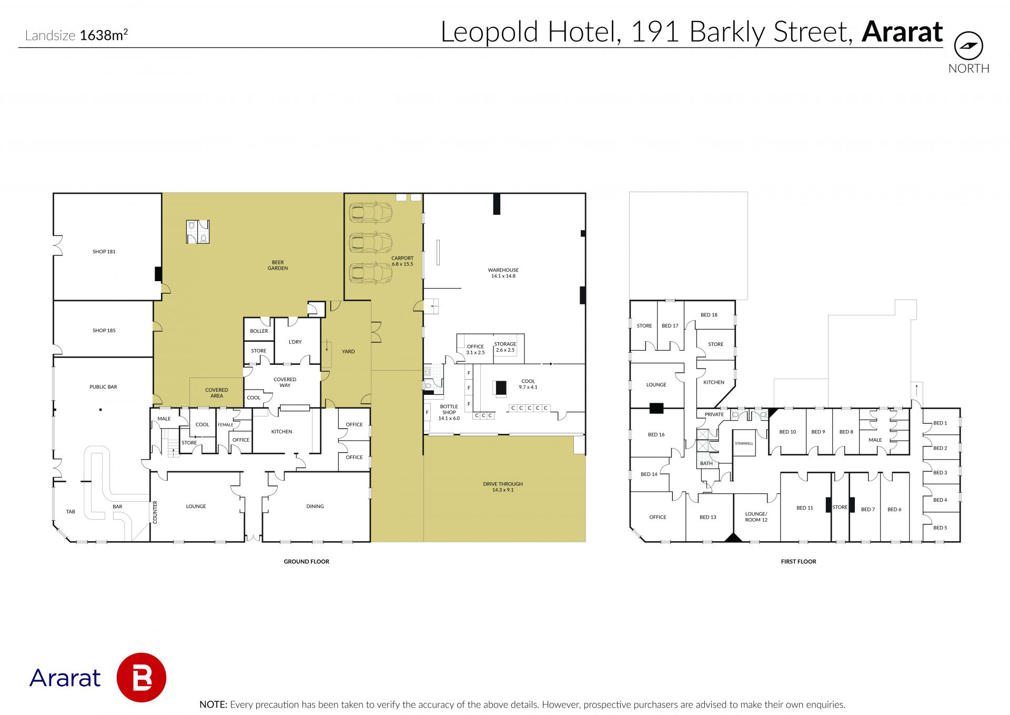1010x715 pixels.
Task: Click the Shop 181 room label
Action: (x=104, y=252)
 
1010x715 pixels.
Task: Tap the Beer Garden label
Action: (x=278, y=265)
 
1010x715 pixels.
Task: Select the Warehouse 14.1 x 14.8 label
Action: (x=503, y=273)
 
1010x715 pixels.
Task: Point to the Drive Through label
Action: (x=503, y=487)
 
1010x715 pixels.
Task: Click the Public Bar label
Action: (x=103, y=387)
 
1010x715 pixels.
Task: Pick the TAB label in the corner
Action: (x=70, y=512)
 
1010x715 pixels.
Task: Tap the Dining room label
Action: (x=315, y=507)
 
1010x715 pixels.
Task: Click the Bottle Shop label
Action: (x=449, y=412)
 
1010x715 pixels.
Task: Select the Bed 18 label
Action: (x=709, y=315)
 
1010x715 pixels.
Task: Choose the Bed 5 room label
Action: (x=940, y=528)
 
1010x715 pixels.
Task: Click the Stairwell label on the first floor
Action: (x=744, y=443)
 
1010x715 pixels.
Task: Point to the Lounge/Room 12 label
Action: (x=756, y=517)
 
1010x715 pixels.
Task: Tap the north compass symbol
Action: (x=968, y=46)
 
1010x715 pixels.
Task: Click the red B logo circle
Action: (x=141, y=678)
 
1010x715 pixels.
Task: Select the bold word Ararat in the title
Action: (x=902, y=32)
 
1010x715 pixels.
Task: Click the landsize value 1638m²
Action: (x=104, y=35)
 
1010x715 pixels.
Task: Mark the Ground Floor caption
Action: (x=307, y=562)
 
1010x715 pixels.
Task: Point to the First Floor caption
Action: (x=799, y=562)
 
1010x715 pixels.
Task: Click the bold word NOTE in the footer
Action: (x=213, y=704)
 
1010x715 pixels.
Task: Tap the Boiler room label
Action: (x=259, y=331)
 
